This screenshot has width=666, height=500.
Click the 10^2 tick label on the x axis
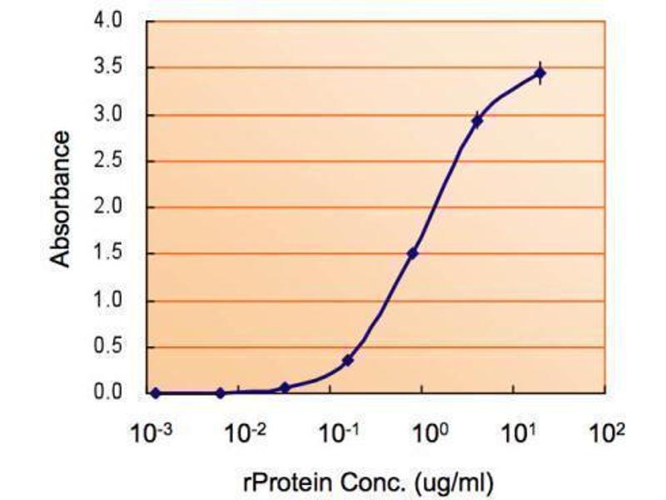[607, 433]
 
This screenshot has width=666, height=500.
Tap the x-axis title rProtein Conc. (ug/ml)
[379, 481]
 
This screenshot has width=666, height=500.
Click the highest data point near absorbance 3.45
[539, 74]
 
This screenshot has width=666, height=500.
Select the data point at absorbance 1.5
[413, 253]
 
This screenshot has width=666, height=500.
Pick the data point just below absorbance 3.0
[477, 122]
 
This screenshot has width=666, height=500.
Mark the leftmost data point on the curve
[156, 392]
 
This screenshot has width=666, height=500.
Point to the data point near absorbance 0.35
[347, 361]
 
